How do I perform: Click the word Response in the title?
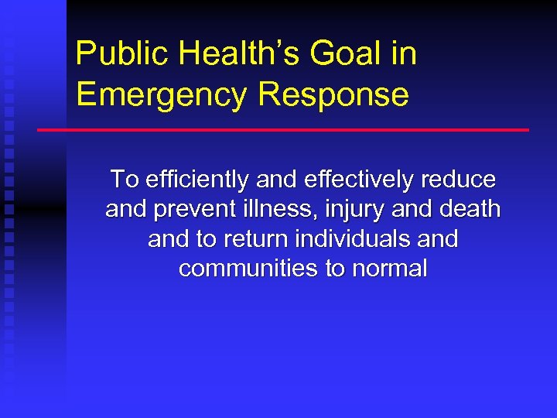(333, 94)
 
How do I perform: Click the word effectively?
(361, 180)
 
